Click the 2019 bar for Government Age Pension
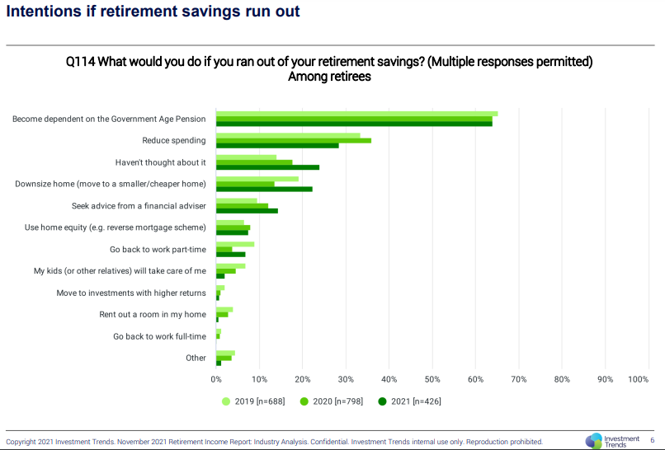[x=356, y=114]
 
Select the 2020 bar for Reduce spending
[x=293, y=140]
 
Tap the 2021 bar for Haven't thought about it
[x=267, y=167]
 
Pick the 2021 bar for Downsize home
[x=264, y=189]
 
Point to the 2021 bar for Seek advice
[x=247, y=210]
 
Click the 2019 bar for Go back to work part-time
[x=235, y=244]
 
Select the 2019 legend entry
[x=252, y=401]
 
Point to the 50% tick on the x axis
[x=432, y=379]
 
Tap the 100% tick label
[x=639, y=379]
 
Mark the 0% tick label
[x=216, y=379]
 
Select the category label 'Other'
[x=196, y=358]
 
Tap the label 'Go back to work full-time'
[x=159, y=336]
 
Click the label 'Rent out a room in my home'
[x=153, y=314]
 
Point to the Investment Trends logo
[x=612, y=441]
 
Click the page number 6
[x=652, y=440]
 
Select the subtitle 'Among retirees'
[x=329, y=77]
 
